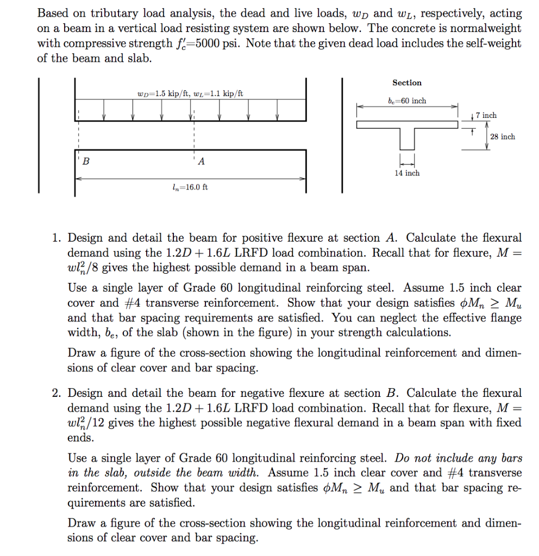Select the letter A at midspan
tap(202, 161)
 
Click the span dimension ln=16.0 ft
tap(190, 187)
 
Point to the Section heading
tap(407, 83)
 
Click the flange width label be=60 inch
tap(407, 101)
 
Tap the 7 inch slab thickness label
tap(486, 115)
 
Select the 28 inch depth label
tap(502, 137)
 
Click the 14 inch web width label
tap(407, 173)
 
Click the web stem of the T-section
tap(407, 139)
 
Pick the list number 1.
tap(56, 238)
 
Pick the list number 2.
tap(56, 393)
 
